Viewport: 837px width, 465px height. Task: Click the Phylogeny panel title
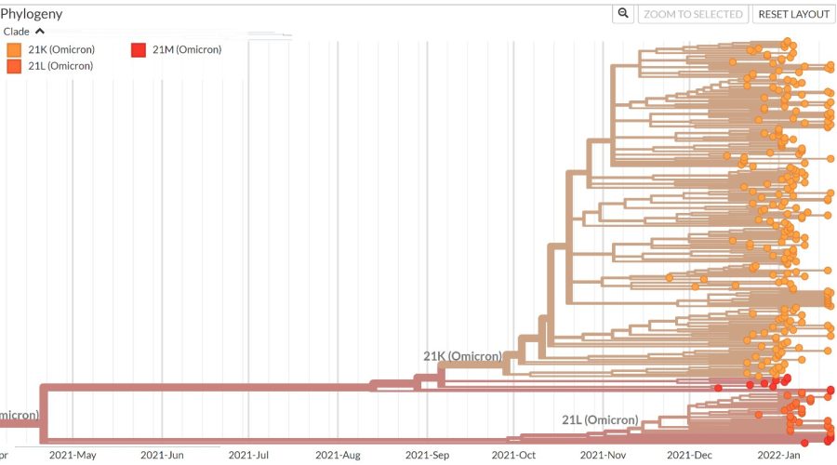coord(32,14)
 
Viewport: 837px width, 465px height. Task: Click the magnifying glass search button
coord(624,14)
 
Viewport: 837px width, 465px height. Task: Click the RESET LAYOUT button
coord(793,14)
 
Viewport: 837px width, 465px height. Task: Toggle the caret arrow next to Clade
coord(40,32)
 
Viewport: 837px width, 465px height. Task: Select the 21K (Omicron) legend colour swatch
coord(14,49)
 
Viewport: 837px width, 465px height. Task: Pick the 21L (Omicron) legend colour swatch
coord(14,66)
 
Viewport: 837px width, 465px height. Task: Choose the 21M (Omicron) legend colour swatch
coord(138,49)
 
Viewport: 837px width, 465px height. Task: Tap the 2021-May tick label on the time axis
coord(73,455)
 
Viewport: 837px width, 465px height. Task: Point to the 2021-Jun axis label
coord(163,455)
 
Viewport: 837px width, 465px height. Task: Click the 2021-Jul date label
coord(249,455)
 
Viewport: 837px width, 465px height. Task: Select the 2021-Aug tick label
coord(339,455)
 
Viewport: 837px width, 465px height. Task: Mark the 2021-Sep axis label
coord(428,455)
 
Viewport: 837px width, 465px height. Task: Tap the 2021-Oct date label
coord(514,455)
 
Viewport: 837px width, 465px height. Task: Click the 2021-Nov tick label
coord(604,455)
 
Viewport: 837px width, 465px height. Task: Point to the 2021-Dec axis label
coord(691,455)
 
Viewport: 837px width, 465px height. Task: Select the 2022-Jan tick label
coord(779,455)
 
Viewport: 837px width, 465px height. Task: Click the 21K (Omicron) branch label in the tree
coord(462,356)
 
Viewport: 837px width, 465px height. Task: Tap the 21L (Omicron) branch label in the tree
coord(600,420)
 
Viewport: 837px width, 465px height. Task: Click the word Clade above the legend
coord(18,32)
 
